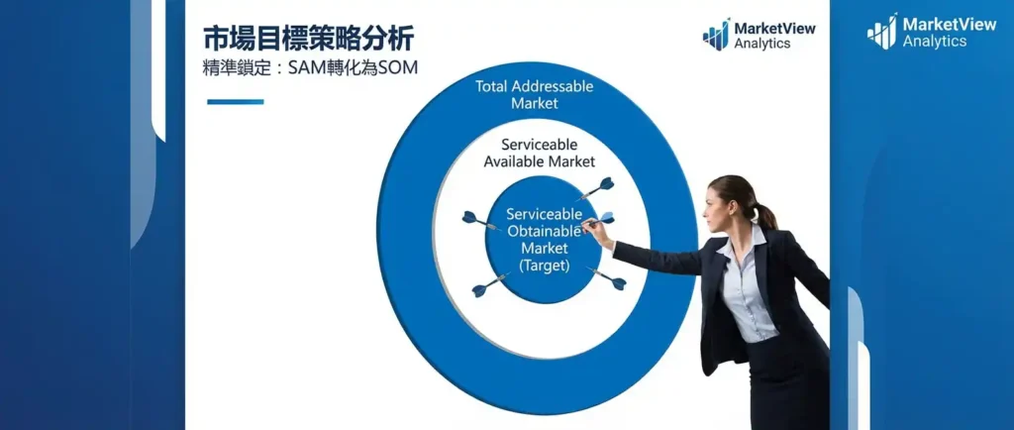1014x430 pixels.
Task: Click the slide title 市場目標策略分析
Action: click(309, 39)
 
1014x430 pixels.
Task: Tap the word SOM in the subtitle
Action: click(398, 68)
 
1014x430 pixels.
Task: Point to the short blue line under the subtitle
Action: click(236, 101)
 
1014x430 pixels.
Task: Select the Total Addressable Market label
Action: click(534, 94)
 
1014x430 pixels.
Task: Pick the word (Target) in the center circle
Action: click(545, 266)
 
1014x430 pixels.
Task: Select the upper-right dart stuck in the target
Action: click(596, 189)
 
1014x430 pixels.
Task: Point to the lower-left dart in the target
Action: click(489, 285)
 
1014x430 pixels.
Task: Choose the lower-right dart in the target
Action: click(607, 278)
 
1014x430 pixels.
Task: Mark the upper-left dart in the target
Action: click(480, 221)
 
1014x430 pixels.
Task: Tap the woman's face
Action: click(717, 208)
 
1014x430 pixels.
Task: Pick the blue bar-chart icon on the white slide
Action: click(717, 35)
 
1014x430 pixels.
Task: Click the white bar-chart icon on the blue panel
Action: click(882, 32)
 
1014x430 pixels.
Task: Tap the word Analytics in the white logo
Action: click(935, 42)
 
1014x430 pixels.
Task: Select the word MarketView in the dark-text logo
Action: click(774, 29)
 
